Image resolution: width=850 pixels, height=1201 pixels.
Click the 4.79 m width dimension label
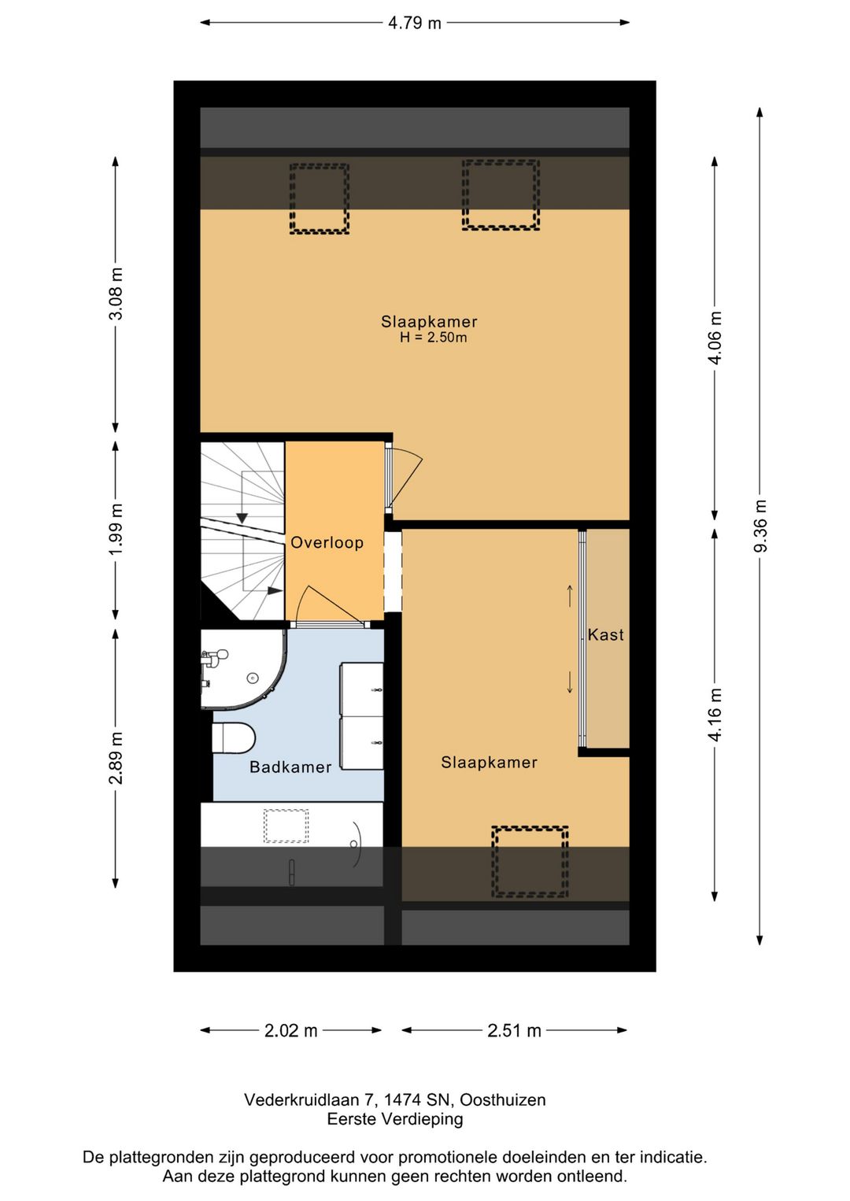pos(414,23)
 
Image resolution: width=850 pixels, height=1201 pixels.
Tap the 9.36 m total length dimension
pos(760,526)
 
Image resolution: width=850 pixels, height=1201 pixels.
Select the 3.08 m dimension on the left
pos(116,294)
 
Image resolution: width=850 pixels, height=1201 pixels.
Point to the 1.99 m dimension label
pos(116,529)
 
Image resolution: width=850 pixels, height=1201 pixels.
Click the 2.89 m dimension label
pos(116,758)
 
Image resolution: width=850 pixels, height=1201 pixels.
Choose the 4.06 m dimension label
pos(715,338)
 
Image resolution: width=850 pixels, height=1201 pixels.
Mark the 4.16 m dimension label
pos(715,715)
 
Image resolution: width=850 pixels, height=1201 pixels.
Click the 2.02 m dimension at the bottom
pos(290,1030)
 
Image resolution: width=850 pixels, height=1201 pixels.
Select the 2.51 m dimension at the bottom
pos(514,1030)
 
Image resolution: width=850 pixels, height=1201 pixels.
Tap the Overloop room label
pos(327,542)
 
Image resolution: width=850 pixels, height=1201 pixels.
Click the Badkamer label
pos(290,767)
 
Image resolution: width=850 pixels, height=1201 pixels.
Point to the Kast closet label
pos(605,634)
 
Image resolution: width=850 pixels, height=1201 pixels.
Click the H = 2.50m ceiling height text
pos(433,338)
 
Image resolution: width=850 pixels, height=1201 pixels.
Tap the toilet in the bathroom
pos(234,738)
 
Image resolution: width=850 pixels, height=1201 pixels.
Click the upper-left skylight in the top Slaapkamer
pos(319,199)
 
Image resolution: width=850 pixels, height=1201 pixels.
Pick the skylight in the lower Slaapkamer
pos(530,861)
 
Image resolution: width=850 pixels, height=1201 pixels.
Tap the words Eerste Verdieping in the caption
pos(395,1118)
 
